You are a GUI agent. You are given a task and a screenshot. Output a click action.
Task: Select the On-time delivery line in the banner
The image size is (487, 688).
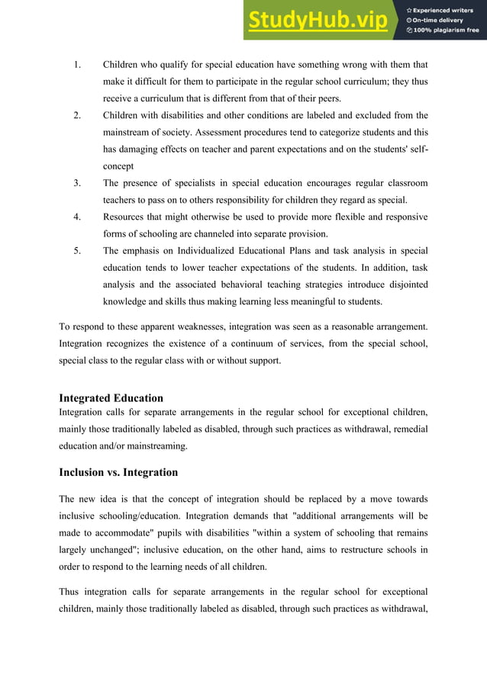442,20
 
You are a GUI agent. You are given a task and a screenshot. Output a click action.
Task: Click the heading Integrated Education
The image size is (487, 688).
111,397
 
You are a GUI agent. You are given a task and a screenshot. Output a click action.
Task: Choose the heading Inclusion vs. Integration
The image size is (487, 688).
118,472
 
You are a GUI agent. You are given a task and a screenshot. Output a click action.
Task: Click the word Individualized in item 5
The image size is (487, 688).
198,251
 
